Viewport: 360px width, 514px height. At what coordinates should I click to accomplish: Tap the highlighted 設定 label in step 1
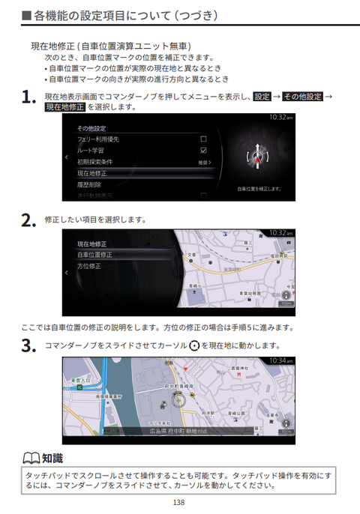(x=262, y=97)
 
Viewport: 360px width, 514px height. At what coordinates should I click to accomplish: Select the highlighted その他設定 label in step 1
(x=302, y=97)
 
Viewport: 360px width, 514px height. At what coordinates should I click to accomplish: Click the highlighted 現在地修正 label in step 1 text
(x=64, y=107)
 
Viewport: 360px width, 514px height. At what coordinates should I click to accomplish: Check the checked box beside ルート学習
(x=203, y=150)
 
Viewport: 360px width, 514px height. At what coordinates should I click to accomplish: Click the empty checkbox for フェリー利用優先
(x=203, y=139)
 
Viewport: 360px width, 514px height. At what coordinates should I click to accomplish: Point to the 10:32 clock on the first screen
(x=279, y=118)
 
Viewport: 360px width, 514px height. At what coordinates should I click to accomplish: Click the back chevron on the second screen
(x=66, y=273)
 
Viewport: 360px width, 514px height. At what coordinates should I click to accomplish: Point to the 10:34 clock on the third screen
(x=279, y=360)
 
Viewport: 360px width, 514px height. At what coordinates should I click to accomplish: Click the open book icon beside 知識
(x=30, y=459)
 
